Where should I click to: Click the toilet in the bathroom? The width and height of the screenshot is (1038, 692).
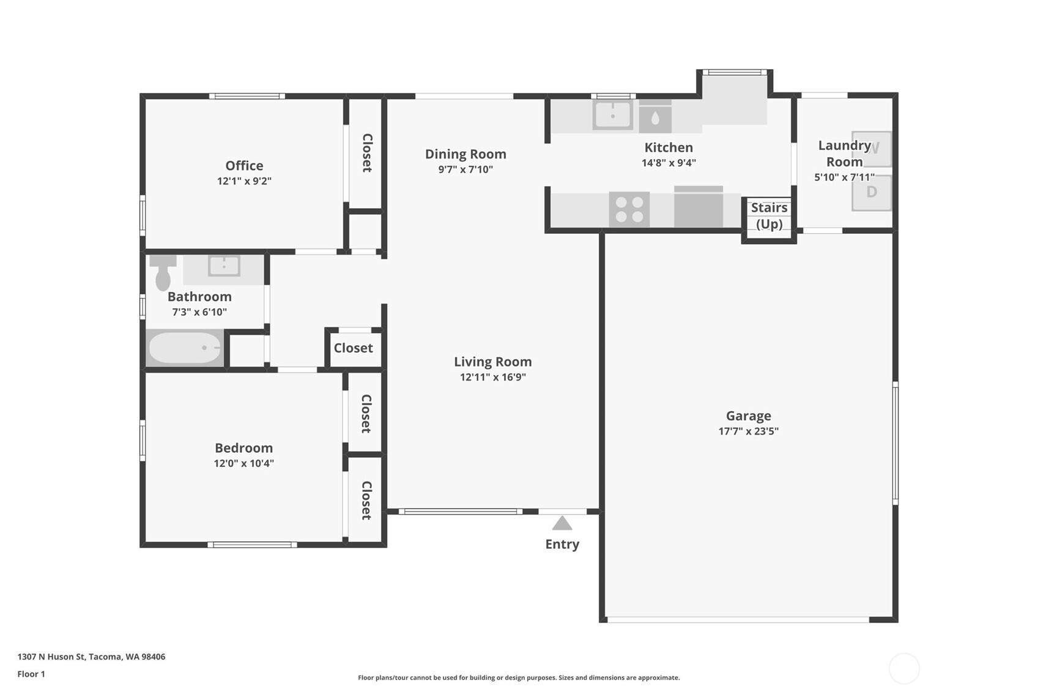[163, 272]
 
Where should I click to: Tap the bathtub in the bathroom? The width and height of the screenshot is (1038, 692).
[185, 348]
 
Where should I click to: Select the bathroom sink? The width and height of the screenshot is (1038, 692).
[224, 266]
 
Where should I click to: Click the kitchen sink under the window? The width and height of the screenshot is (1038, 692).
[613, 115]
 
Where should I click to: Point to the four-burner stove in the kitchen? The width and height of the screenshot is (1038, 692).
[629, 209]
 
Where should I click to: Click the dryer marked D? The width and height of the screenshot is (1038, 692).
[872, 192]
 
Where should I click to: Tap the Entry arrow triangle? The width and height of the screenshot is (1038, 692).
[562, 523]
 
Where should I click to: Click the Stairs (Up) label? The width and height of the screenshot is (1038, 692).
[769, 215]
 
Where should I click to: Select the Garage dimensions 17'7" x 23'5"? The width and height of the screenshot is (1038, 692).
[749, 431]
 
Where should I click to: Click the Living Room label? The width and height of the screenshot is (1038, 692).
[492, 362]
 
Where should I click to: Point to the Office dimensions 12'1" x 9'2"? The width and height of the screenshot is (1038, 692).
[244, 180]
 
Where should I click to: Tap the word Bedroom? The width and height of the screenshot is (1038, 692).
[243, 448]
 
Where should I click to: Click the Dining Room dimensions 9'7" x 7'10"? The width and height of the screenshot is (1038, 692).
[465, 169]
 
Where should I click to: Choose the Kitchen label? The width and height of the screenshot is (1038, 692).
[669, 147]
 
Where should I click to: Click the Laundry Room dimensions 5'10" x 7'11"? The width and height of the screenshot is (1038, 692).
[844, 177]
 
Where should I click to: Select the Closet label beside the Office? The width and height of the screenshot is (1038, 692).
[367, 153]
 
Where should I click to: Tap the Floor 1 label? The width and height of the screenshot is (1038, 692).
[31, 674]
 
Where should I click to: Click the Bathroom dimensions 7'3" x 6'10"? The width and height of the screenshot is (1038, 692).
[199, 312]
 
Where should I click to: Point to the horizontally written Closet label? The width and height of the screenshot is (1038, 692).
[353, 348]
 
